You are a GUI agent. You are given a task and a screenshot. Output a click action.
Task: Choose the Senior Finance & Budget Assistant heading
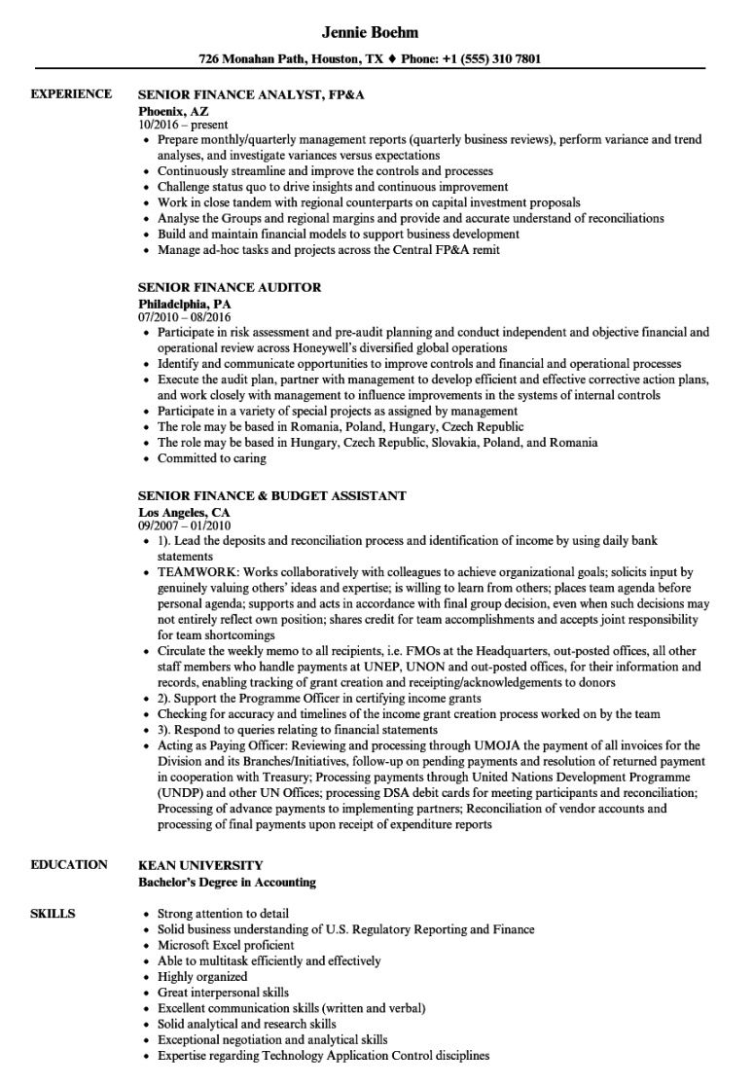click(x=271, y=495)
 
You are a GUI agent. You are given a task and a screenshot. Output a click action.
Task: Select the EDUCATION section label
click(x=69, y=864)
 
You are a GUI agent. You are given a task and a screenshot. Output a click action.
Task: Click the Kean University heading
click(x=200, y=864)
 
